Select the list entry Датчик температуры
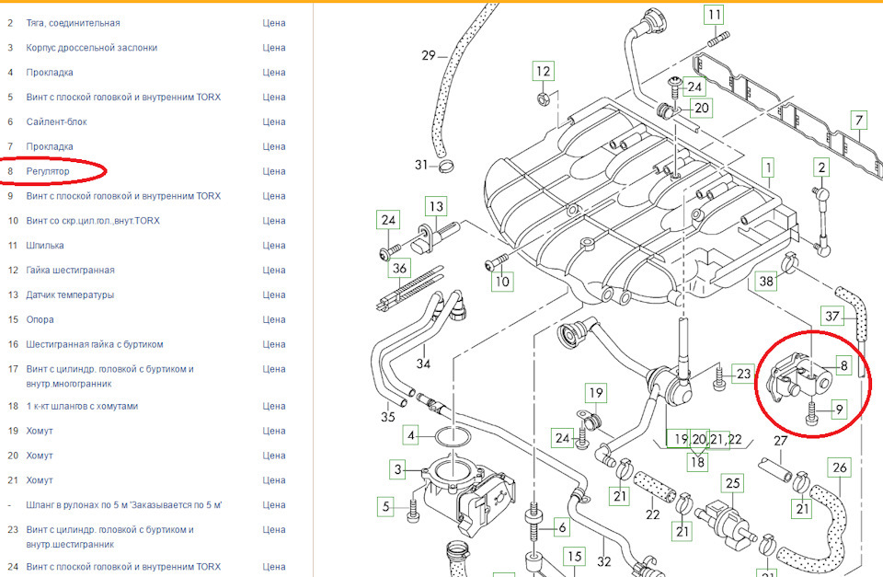[70, 295]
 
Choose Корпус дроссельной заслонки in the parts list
[91, 47]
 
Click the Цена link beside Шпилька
[273, 246]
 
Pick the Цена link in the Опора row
[273, 320]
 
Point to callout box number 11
[715, 15]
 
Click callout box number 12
[544, 71]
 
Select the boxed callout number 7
[858, 121]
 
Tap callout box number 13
[435, 206]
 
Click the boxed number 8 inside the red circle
[843, 365]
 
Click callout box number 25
[733, 482]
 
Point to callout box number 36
[399, 269]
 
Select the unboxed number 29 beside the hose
[429, 55]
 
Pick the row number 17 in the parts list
[11, 369]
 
